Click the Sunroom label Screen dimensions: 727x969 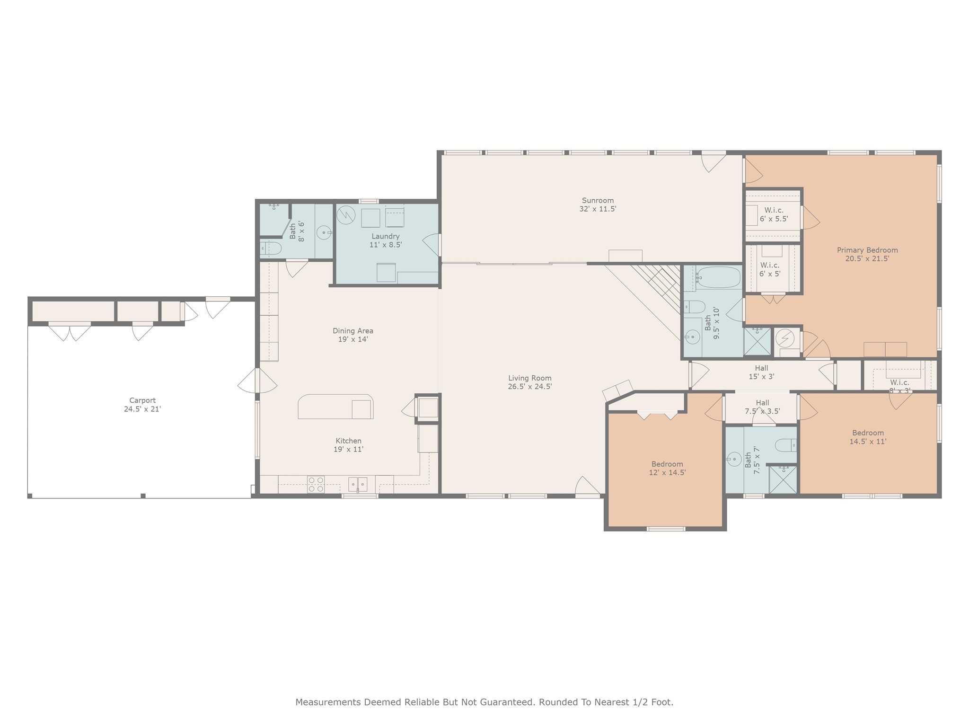(x=598, y=200)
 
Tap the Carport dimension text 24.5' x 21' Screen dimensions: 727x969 (x=142, y=409)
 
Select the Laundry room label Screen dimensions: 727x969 (x=385, y=236)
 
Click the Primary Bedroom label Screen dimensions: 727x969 (x=867, y=250)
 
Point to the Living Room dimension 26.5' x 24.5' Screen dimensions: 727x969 (x=529, y=386)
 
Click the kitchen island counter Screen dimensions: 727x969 (x=335, y=407)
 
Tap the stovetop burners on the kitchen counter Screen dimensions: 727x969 (x=316, y=484)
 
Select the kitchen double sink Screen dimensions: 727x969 (x=358, y=484)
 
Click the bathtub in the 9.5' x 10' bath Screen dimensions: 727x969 (x=718, y=277)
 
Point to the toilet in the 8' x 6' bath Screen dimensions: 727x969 (x=271, y=248)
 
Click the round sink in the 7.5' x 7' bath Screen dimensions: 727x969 (x=734, y=459)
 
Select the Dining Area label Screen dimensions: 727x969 (x=352, y=331)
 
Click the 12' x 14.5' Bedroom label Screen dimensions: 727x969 (x=667, y=464)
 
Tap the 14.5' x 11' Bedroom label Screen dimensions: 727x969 (x=867, y=433)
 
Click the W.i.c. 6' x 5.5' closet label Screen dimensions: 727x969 (x=774, y=210)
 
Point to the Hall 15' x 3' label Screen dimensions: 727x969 (x=761, y=368)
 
